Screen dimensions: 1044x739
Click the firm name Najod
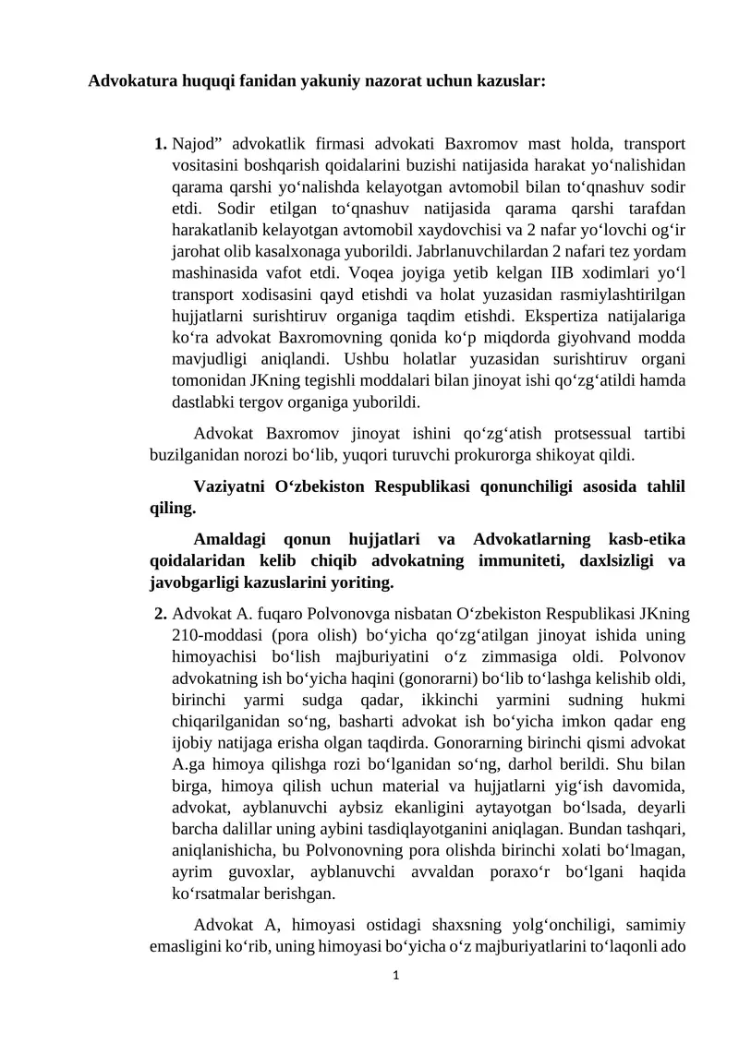(x=194, y=144)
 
